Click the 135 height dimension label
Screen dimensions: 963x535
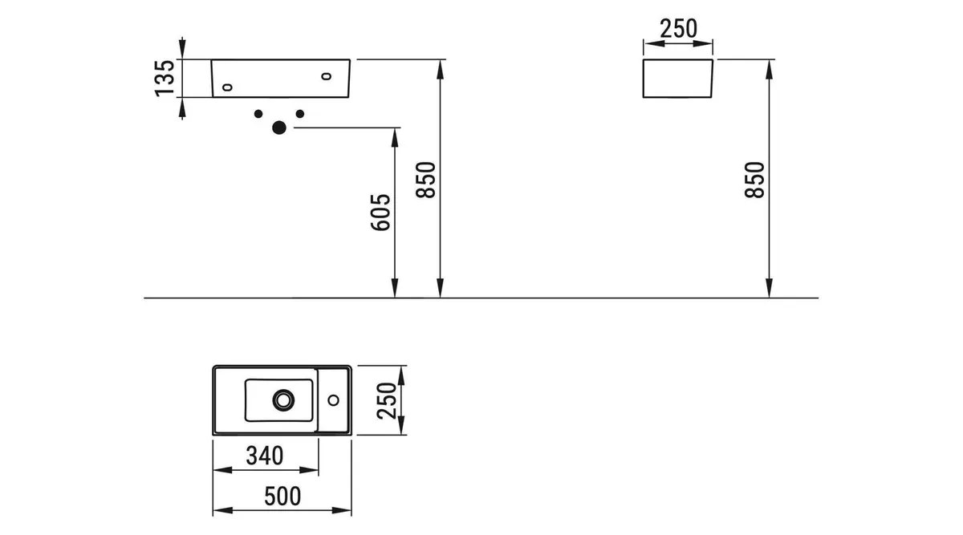[165, 79]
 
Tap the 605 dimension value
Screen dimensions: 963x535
[381, 213]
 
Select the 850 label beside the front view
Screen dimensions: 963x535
[426, 180]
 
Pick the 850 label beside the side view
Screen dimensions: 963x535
[755, 180]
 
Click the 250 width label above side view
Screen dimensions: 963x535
[678, 29]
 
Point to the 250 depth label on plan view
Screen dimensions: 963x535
[387, 400]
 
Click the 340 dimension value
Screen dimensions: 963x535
[265, 456]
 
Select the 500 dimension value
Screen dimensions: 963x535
[282, 496]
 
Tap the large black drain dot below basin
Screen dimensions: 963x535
[279, 128]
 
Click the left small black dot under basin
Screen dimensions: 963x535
[258, 114]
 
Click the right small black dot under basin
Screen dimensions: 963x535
[300, 114]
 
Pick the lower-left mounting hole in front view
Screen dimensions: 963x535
[227, 87]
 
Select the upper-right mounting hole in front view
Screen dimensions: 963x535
[327, 76]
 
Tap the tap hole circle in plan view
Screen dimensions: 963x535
[334, 400]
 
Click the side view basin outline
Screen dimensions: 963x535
[643, 79]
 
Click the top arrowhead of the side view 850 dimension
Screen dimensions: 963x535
[769, 69]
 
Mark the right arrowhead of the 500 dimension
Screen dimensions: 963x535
[342, 510]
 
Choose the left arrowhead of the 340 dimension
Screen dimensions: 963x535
[223, 470]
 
